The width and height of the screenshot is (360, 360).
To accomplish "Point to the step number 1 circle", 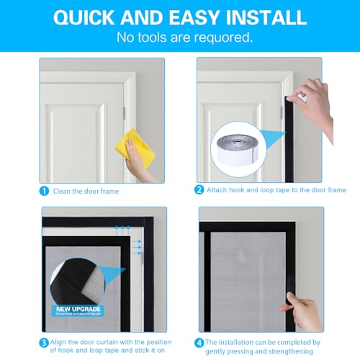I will pos(45,191).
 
